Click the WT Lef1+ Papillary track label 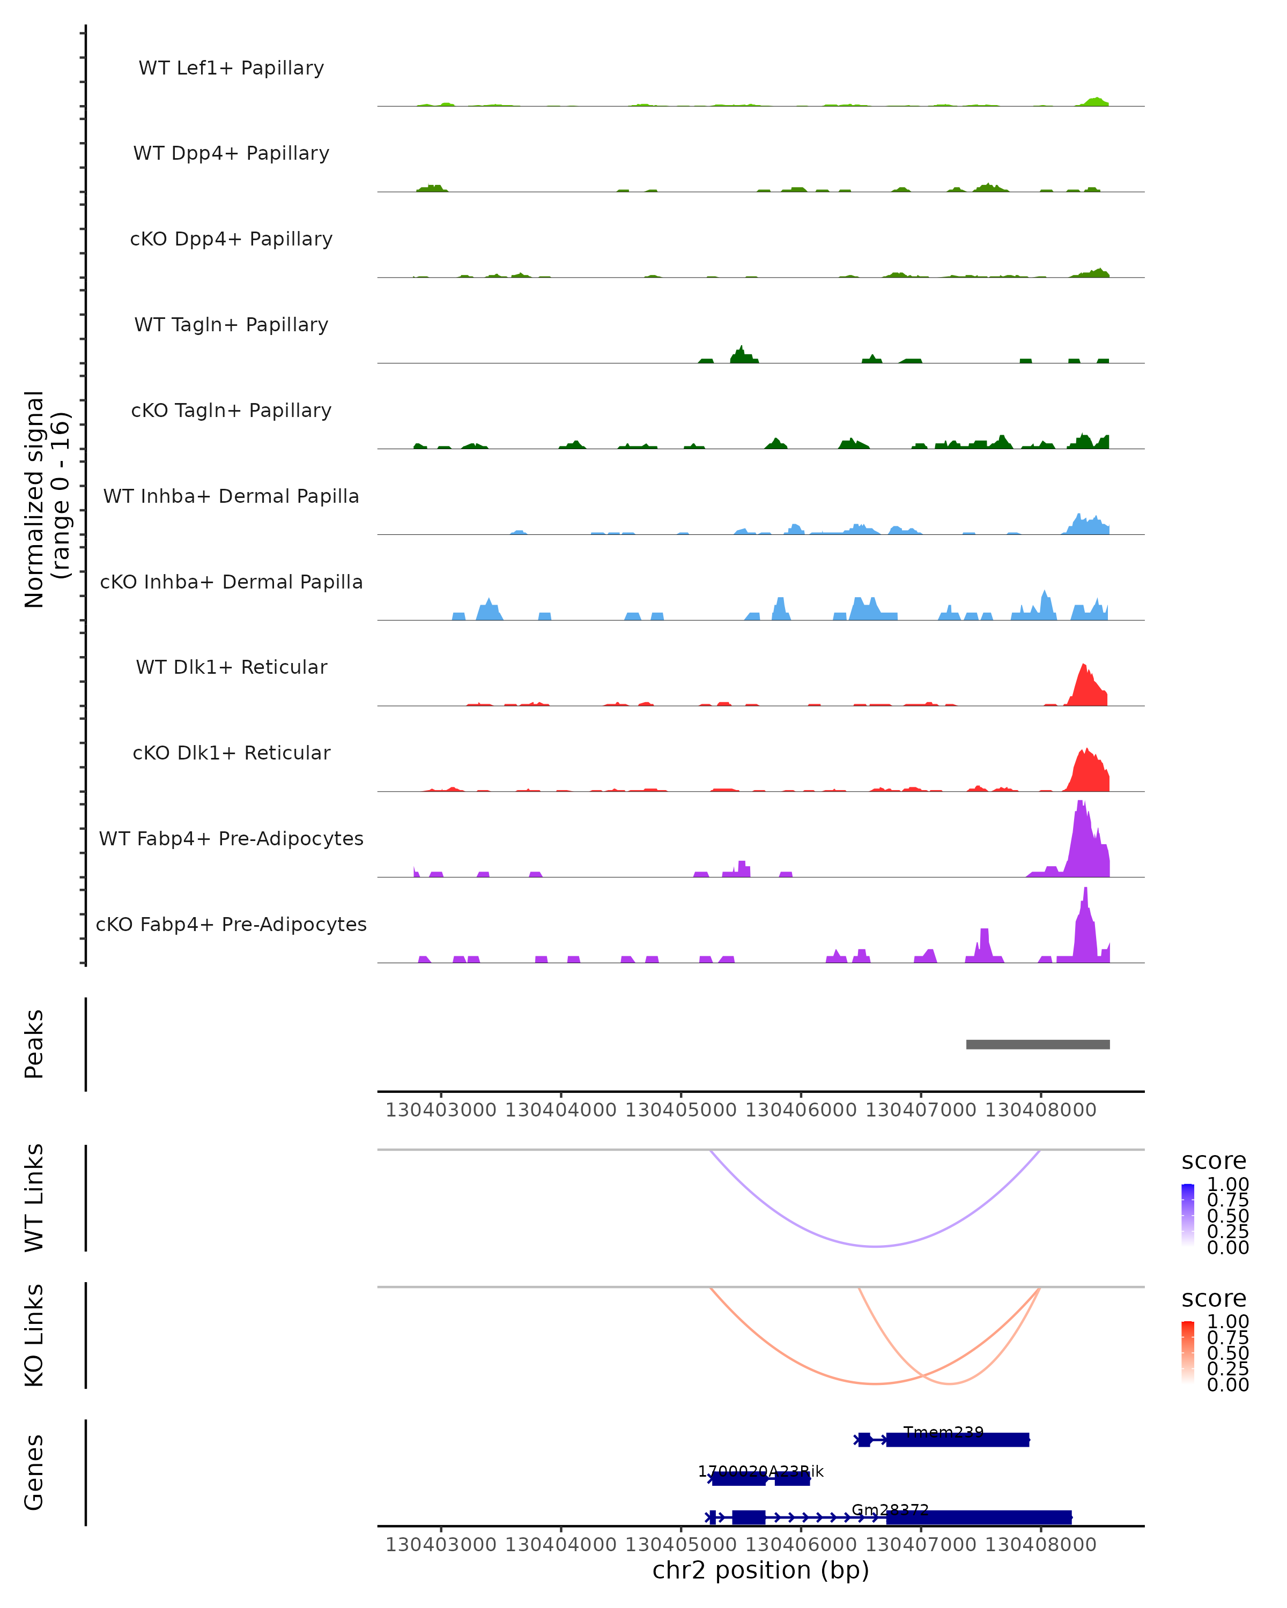(231, 69)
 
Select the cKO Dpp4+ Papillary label (231, 240)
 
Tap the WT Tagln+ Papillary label (231, 325)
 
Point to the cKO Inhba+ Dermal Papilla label (231, 583)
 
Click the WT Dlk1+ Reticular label (231, 667)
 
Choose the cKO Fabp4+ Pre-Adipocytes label (231, 925)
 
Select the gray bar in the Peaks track (1038, 1044)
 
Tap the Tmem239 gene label (943, 1432)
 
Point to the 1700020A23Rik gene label (760, 1471)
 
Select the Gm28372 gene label (890, 1510)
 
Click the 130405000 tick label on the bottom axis (681, 1545)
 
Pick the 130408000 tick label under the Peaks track (1041, 1110)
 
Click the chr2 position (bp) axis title (760, 1570)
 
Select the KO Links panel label (34, 1335)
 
